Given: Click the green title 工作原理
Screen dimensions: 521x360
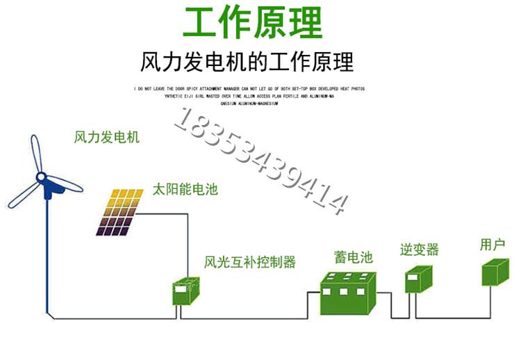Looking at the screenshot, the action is (x=253, y=23).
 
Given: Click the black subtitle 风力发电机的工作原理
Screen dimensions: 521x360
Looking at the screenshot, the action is (x=247, y=62).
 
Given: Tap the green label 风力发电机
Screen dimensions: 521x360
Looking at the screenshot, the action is (x=106, y=137).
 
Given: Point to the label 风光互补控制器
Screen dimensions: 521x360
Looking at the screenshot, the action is (x=250, y=262).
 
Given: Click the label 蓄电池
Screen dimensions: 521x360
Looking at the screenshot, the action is (x=349, y=257).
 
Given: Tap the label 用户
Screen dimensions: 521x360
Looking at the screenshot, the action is (x=492, y=245).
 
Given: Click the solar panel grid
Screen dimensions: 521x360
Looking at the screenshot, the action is (x=122, y=211).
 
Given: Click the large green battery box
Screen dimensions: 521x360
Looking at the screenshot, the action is (x=347, y=293).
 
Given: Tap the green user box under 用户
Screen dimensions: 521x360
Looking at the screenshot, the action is (x=496, y=272).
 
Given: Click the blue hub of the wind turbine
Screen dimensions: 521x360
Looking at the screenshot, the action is (x=50, y=186).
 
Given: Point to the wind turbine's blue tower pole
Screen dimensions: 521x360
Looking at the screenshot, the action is (x=47, y=257).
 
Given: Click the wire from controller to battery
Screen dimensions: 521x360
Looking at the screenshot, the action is (x=243, y=319).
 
